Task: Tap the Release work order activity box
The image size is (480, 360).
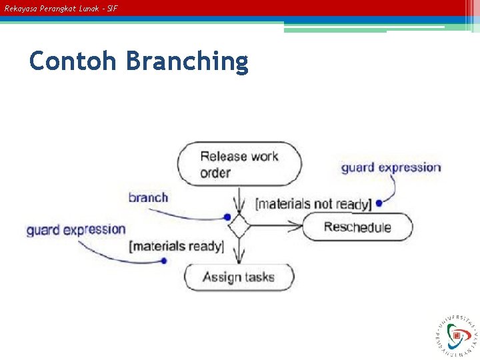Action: tap(239, 164)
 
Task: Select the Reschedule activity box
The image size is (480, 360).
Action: tap(357, 227)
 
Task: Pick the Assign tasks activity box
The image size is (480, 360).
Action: tap(239, 277)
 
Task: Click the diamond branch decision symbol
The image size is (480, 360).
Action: tap(239, 227)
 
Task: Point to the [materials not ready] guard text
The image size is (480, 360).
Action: tap(313, 204)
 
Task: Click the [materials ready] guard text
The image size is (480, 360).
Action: tap(177, 246)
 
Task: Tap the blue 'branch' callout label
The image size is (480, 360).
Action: tap(148, 197)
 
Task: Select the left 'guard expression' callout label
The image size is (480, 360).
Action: tap(76, 230)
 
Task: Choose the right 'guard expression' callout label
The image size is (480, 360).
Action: tap(391, 167)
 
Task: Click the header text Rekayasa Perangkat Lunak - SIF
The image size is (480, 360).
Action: tap(61, 9)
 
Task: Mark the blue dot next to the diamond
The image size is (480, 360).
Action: tap(227, 217)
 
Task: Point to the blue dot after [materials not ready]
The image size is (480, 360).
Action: tap(379, 203)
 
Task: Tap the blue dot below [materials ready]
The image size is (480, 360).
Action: tap(163, 261)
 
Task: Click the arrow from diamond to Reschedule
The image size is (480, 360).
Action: tap(277, 227)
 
